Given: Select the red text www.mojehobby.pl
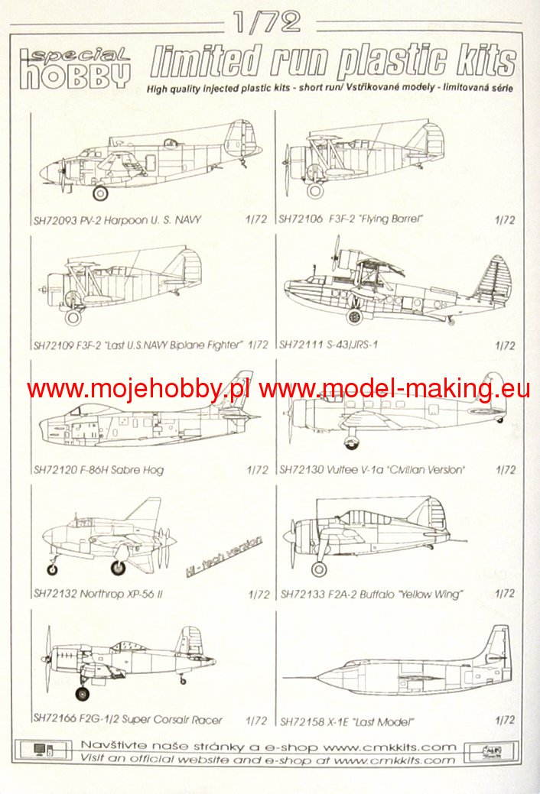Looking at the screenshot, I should click(138, 389).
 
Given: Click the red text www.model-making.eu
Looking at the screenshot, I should click(394, 389).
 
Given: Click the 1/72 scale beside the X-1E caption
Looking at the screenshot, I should click(505, 720).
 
